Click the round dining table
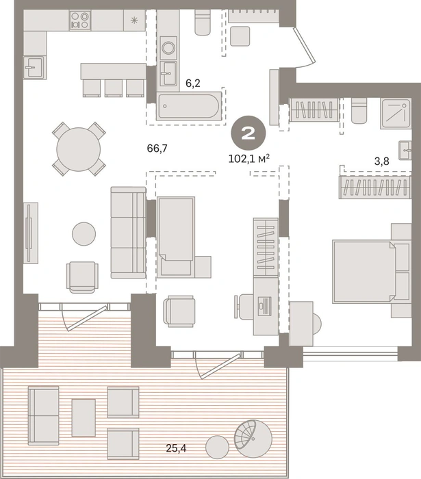(79, 149)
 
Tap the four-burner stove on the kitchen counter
(80, 20)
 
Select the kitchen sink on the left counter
(34, 67)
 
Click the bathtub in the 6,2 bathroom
(188, 105)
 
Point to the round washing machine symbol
(168, 48)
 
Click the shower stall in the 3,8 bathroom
(396, 114)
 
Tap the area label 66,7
(157, 148)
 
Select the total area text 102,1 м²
(249, 159)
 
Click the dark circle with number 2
(248, 133)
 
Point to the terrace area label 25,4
(176, 448)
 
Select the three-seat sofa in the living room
(128, 233)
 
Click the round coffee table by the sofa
(84, 234)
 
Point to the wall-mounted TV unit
(31, 233)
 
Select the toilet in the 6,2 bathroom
(202, 22)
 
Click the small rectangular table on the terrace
(84, 417)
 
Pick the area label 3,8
(381, 161)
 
